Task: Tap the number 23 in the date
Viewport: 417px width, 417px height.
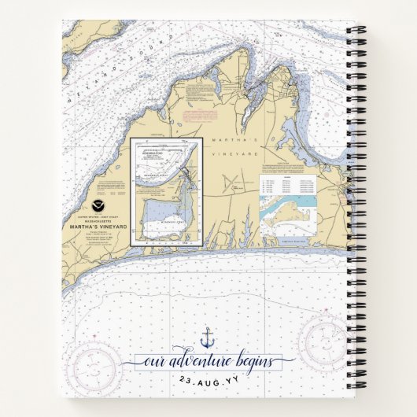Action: [186, 380]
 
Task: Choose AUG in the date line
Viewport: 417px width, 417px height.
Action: [208, 380]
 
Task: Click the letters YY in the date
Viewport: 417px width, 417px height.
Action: [234, 380]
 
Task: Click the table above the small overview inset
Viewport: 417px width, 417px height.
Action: [288, 185]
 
